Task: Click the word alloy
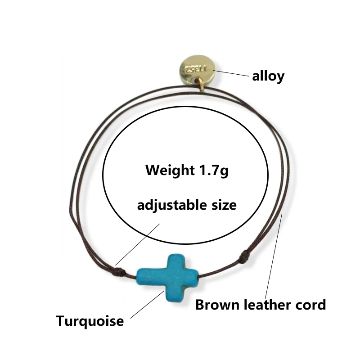(x=268, y=76)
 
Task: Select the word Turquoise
(x=90, y=321)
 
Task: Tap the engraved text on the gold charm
(x=198, y=69)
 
